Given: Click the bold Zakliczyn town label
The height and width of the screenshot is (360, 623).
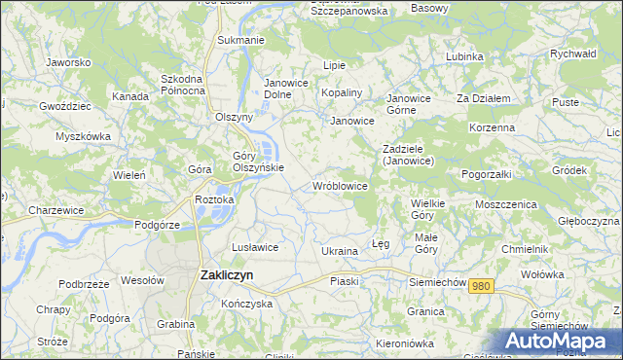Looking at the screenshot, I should [226, 275].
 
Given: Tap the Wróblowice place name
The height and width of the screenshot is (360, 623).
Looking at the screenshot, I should [339, 185].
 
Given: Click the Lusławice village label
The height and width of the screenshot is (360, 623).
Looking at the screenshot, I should [255, 247].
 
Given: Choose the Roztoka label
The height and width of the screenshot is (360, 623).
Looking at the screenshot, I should [214, 199].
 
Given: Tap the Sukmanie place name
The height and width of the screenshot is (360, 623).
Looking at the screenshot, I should [240, 40].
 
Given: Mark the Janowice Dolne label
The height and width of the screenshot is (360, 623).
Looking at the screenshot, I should [286, 89].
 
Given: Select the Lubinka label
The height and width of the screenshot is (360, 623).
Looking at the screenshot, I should [464, 56].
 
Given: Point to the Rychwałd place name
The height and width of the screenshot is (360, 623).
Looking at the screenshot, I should [572, 54].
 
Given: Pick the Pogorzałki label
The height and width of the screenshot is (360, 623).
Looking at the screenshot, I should [488, 172].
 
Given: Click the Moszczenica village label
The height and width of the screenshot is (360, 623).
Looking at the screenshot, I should [506, 204].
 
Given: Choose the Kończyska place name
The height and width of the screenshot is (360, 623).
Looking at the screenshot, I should [245, 304].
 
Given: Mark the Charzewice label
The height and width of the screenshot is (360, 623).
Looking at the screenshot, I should [54, 210].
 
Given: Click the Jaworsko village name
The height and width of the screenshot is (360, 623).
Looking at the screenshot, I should [68, 62].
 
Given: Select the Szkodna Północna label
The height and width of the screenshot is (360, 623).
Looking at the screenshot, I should [183, 85].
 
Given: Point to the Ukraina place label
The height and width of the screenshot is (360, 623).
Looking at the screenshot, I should [340, 251].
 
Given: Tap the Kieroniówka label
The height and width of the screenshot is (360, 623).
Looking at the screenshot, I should [410, 344].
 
